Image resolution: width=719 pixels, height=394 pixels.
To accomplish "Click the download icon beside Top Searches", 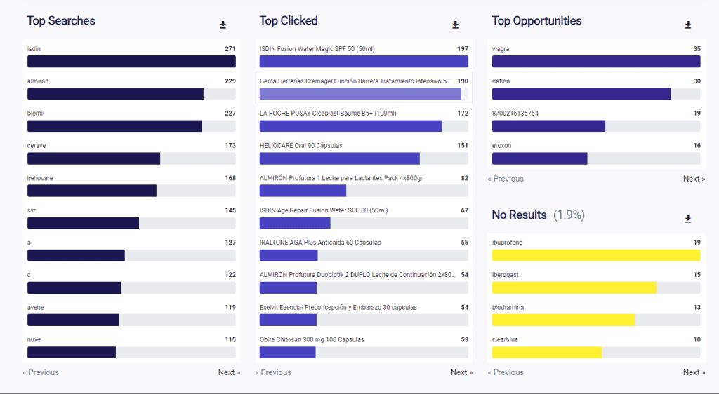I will coord(223,25).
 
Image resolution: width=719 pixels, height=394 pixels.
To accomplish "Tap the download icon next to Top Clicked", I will coord(455,25).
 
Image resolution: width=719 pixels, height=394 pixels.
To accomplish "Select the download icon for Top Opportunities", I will coord(688,25).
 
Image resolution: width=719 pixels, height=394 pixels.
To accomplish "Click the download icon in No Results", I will coord(688,219).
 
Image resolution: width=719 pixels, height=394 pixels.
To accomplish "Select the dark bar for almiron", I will coord(115,94).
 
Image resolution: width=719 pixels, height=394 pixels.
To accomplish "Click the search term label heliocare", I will coord(40,178).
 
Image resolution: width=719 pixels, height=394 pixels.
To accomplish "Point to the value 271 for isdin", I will coord(230,49).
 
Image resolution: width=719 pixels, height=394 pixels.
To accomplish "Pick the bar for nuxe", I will coord(72,352).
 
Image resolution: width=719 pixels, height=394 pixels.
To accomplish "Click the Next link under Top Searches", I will coord(229,372).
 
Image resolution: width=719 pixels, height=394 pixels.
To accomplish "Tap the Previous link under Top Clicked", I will coord(273,372).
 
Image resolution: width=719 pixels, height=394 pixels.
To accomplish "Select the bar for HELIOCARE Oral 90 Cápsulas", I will coord(339,158).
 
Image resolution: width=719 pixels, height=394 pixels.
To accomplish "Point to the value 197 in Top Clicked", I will coord(462,49).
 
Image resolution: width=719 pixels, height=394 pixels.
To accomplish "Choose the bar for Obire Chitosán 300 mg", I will coord(287,352).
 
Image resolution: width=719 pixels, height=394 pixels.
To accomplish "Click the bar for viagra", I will coord(595,62).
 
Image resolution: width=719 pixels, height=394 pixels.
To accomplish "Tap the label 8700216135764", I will coord(515,114).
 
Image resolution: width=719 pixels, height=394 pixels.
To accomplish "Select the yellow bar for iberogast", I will coord(574,287).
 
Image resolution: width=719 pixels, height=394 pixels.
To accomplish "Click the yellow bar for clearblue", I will coord(547,352).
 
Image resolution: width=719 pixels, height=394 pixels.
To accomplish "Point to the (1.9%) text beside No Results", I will coord(569,215).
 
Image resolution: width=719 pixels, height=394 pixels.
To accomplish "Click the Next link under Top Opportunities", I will coord(694,179).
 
